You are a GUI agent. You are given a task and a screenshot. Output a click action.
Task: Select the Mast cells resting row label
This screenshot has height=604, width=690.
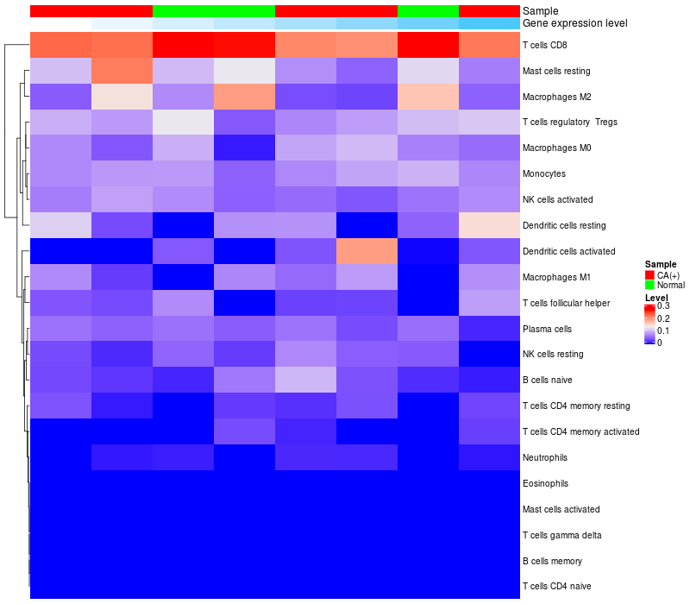[x=556, y=71]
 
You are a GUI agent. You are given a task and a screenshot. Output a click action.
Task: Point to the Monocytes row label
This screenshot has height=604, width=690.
[x=544, y=173]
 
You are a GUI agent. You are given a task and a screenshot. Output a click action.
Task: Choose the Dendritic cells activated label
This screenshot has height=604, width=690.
[x=569, y=251]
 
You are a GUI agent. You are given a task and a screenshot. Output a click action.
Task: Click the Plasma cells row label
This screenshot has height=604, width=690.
[x=547, y=329]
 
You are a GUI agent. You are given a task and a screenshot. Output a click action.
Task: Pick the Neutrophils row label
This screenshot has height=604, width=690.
[x=545, y=456]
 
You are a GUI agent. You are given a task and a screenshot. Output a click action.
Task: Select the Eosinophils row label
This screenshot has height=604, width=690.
[x=545, y=483]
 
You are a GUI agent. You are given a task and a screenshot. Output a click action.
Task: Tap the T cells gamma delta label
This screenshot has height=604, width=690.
[x=561, y=535]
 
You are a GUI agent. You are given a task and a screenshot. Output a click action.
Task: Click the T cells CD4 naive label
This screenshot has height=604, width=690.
[x=557, y=587]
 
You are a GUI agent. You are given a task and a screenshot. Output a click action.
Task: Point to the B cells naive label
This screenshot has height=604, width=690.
[x=548, y=380]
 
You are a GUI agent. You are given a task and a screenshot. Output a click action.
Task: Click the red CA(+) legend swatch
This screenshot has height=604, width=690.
[x=650, y=275]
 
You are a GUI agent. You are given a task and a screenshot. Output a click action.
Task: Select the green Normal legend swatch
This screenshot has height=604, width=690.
[x=650, y=285]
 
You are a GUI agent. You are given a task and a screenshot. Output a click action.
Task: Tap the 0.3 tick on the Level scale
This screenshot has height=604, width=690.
[x=663, y=306]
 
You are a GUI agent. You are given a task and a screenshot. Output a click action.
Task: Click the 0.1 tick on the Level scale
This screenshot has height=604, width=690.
[x=663, y=330]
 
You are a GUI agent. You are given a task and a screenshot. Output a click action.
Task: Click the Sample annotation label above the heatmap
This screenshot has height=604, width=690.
[x=540, y=10]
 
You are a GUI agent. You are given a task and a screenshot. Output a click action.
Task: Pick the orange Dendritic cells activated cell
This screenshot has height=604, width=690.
[x=367, y=251]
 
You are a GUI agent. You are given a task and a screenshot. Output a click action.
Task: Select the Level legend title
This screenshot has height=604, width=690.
[x=656, y=298]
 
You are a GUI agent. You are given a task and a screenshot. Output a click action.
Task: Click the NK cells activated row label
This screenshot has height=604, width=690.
[x=558, y=199]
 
